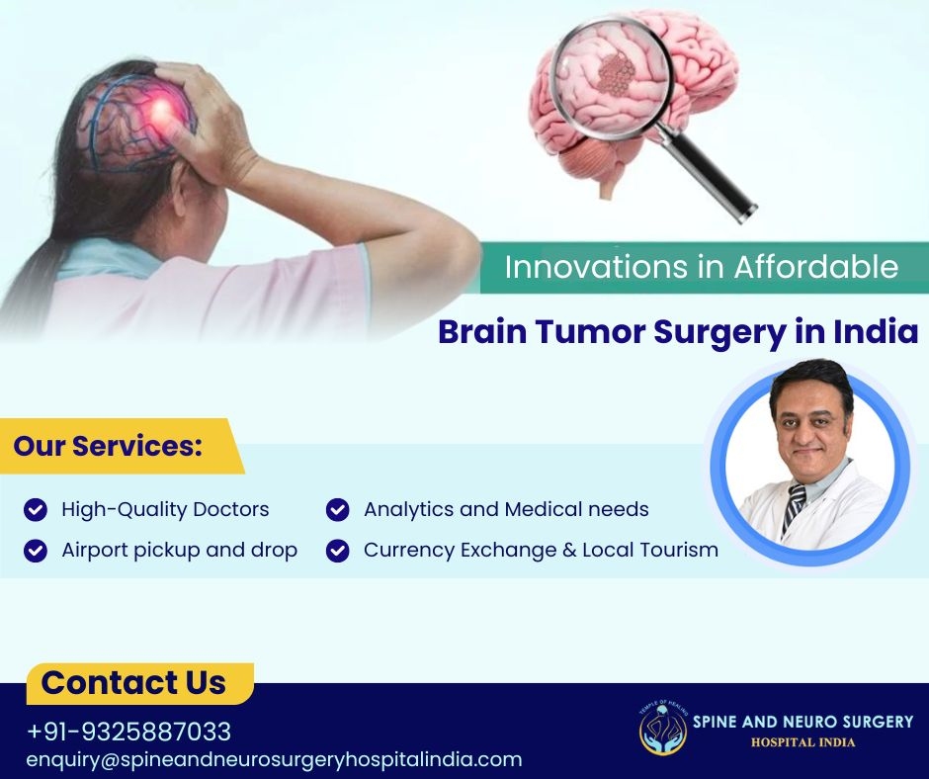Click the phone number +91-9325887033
pos(128,731)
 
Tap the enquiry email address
pos(275,759)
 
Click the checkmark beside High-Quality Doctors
pos(36,509)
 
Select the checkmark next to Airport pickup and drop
pos(36,551)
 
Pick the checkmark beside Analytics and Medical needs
pos(338,509)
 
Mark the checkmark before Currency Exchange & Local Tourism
pos(338,551)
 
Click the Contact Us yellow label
pos(139,683)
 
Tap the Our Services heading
pos(108,446)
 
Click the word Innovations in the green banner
pos(597,267)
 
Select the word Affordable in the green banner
pos(816,267)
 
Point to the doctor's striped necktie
pos(794,506)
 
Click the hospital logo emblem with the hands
pos(663,729)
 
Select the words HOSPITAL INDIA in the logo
pos(802,742)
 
